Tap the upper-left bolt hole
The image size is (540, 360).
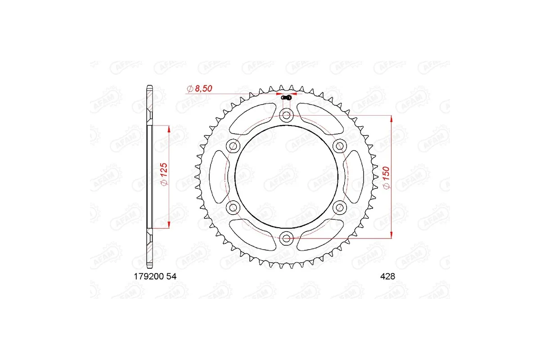[233, 145]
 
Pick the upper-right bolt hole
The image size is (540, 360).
[340, 145]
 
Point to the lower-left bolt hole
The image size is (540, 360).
[233, 207]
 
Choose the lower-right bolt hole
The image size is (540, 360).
[340, 207]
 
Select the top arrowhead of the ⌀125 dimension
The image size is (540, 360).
[169, 129]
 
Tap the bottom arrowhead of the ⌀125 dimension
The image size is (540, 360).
[169, 225]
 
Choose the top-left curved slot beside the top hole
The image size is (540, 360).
[252, 116]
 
